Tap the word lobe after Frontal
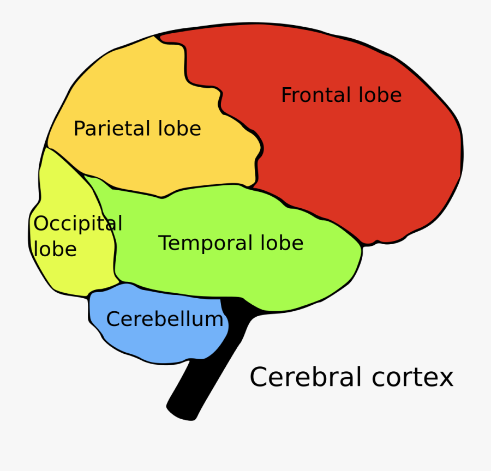pyautogui.click(x=380, y=95)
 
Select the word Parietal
pyautogui.click(x=112, y=129)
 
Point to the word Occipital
pyautogui.click(x=77, y=224)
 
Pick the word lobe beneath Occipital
pyautogui.click(x=55, y=249)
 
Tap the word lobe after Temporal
pyautogui.click(x=282, y=243)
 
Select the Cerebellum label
pyautogui.click(x=164, y=319)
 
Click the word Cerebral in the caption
pyautogui.click(x=306, y=377)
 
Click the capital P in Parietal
pyautogui.click(x=79, y=129)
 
